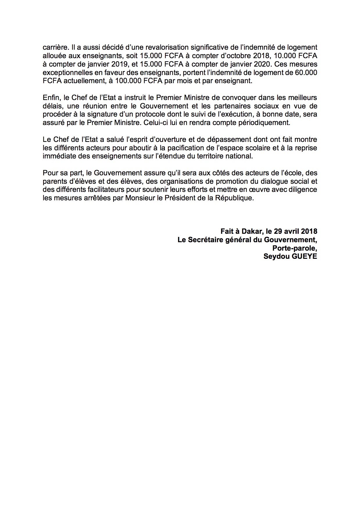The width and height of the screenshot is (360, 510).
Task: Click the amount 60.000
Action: [x=306, y=72]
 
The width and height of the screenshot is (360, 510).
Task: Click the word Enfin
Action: [x=50, y=97]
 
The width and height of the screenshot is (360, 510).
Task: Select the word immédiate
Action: [x=56, y=156]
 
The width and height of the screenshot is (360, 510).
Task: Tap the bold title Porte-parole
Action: [x=294, y=248]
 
